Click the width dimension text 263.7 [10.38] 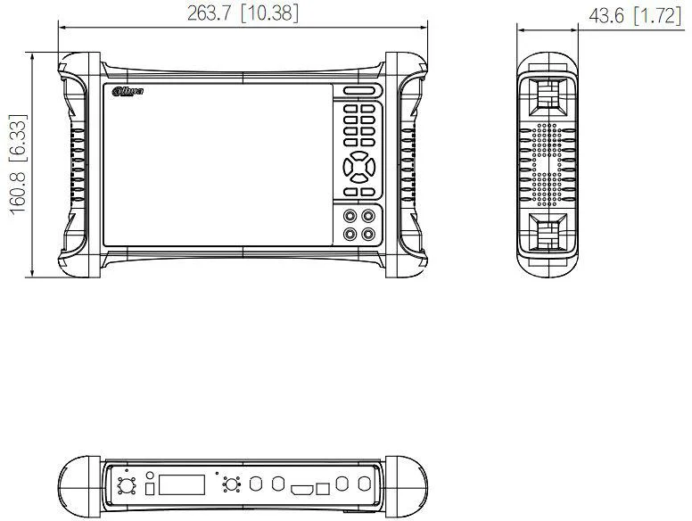coord(243,12)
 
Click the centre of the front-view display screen coord(217,165)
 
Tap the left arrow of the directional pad coord(346,166)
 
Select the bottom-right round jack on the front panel coord(368,234)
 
